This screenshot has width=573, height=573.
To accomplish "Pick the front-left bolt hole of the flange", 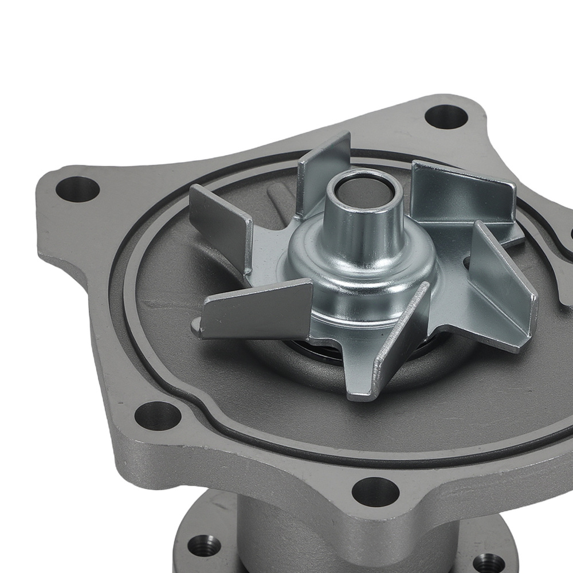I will click(155, 417).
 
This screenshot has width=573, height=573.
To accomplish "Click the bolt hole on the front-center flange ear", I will click(375, 492).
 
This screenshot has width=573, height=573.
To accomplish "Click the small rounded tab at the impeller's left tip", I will click(197, 325).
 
